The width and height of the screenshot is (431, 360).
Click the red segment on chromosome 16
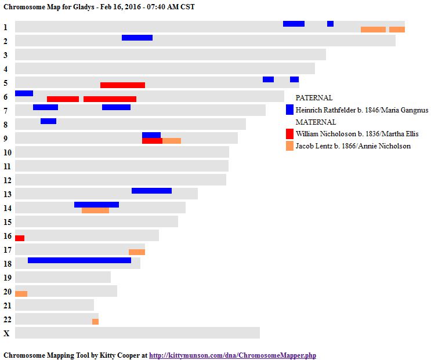pos(20,238)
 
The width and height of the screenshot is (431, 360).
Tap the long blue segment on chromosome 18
pos(79,260)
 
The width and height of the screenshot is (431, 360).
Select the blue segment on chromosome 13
pos(151,191)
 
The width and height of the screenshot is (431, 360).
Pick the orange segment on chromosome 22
pos(95,322)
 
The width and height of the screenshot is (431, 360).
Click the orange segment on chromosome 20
pos(21,294)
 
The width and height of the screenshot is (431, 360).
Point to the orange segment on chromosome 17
pos(137,252)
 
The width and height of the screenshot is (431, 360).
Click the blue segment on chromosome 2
pos(137,38)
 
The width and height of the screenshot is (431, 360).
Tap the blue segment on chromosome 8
pos(48,121)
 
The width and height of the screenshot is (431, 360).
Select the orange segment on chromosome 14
pos(95,210)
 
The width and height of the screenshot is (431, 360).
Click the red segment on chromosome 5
pos(122,85)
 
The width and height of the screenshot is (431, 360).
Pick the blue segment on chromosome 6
pos(24,93)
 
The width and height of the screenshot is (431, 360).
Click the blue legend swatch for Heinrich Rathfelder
pos(289,110)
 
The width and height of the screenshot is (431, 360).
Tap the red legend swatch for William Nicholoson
pos(289,134)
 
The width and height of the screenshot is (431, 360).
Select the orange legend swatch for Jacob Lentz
pos(289,146)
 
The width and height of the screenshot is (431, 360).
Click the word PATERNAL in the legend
pos(314,98)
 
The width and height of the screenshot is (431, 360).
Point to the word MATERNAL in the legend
pos(316,122)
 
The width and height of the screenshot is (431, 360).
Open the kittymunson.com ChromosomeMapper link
pos(233,355)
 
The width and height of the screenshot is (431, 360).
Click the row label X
pos(6,333)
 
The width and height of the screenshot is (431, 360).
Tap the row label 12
pos(7,180)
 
